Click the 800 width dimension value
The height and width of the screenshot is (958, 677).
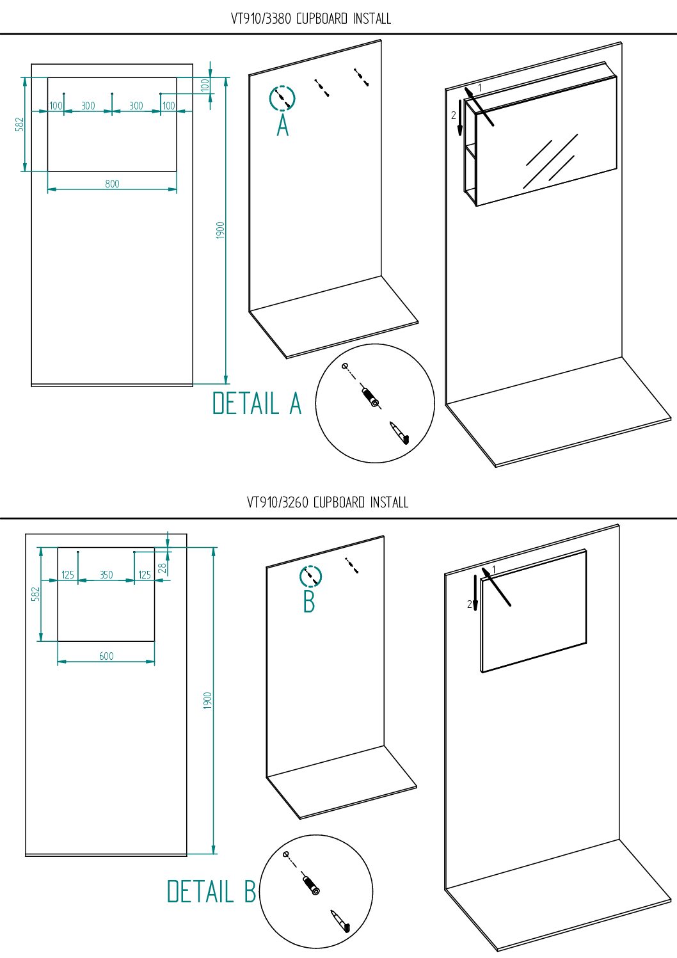point(112,184)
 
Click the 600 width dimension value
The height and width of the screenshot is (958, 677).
point(106,656)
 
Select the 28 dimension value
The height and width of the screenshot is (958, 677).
point(162,568)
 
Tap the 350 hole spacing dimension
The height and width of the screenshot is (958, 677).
point(106,575)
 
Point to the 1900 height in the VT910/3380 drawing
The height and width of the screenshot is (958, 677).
point(220,230)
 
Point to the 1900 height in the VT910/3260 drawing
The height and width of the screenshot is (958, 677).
point(207,701)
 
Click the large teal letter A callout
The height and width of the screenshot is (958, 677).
point(283,126)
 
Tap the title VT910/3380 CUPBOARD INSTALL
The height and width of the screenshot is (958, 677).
point(311,19)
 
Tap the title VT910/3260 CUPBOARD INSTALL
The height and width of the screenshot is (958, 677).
point(328,502)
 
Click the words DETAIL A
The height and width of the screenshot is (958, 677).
point(257,403)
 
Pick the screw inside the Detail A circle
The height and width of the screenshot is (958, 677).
point(399,433)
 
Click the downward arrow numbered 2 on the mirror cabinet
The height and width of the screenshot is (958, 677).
point(460,118)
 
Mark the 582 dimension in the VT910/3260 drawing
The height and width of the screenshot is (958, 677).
point(36,594)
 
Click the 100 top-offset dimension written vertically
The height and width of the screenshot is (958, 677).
point(205,85)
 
